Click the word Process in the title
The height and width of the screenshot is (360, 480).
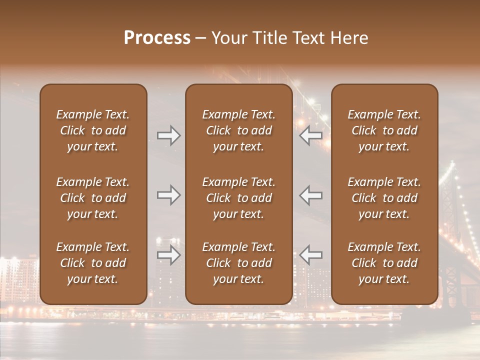[x=157, y=38]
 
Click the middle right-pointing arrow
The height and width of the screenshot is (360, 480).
[x=168, y=195]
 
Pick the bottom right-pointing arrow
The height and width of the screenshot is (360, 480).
[x=168, y=255]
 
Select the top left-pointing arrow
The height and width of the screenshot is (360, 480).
[x=311, y=135]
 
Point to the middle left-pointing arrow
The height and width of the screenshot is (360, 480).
[x=311, y=195]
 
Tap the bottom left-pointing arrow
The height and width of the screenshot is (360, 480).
[x=311, y=255]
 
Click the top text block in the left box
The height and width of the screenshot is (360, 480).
[x=93, y=130]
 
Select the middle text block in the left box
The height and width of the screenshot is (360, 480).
[x=93, y=198]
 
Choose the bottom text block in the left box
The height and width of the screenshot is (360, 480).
[x=93, y=263]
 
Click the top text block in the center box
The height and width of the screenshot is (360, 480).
[x=238, y=130]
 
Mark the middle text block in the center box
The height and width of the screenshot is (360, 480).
[x=238, y=198]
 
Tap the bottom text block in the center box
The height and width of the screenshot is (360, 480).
[x=238, y=263]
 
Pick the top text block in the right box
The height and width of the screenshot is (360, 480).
[x=384, y=130]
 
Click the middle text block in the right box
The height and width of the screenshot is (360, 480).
[x=384, y=198]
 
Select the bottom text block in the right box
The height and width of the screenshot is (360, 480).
[x=384, y=263]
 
